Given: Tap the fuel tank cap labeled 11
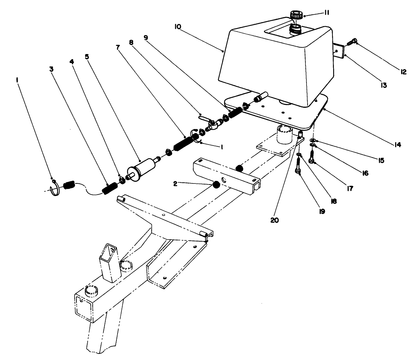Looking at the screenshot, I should pos(296,15).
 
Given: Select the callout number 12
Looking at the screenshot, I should pos(403,72).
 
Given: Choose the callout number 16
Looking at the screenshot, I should pos(365,173).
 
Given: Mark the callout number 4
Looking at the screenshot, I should pos(72,62).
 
